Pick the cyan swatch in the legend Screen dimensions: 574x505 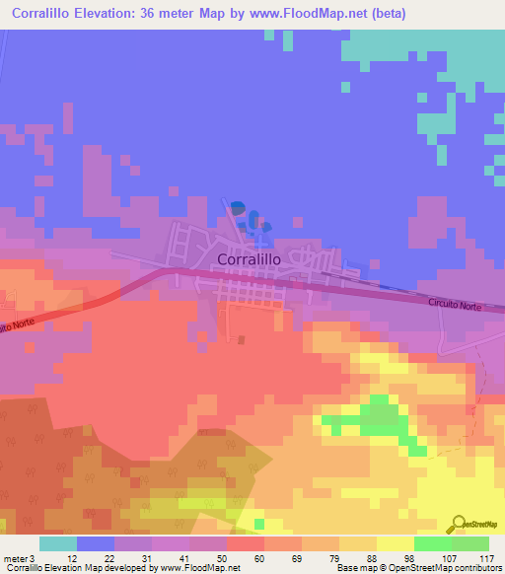(x=58, y=543)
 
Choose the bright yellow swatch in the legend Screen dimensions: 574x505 (x=395, y=543)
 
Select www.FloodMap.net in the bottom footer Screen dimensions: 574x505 (x=198, y=568)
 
